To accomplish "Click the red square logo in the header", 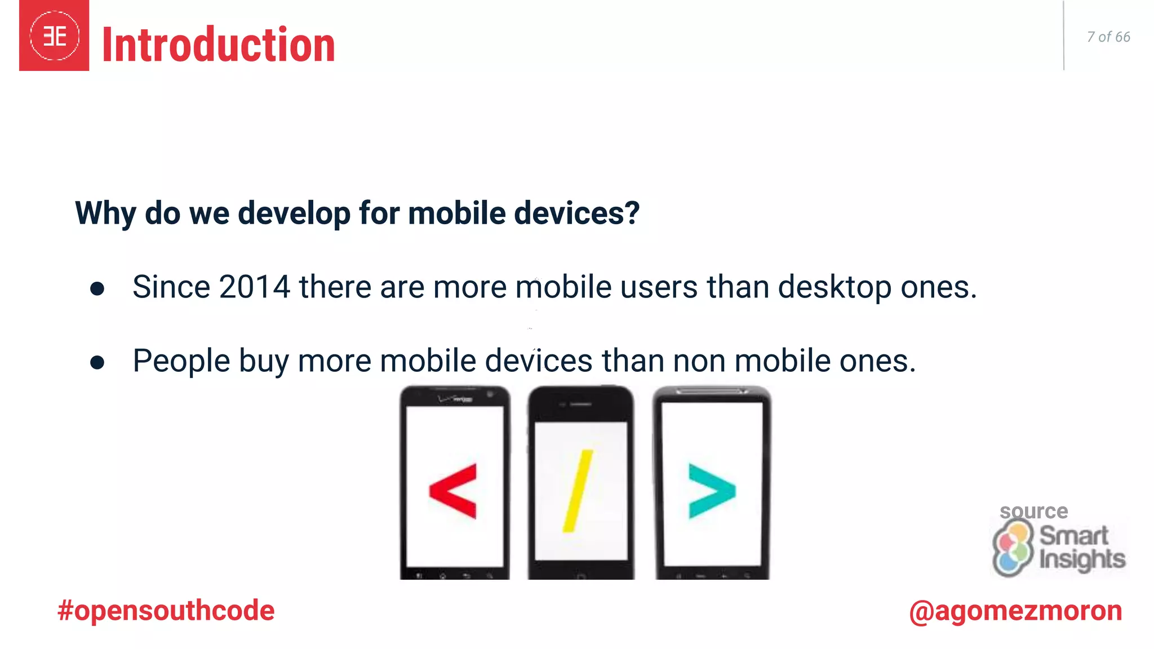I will pos(54,36).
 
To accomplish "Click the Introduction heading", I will pos(219,45).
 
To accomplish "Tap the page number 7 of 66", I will pos(1108,37).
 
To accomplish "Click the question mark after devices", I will pos(632,213).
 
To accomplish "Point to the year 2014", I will pos(254,287).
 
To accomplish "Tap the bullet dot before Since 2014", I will pos(97,289).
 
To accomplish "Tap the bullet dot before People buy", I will pos(97,362).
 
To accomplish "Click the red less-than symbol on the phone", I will pos(454,490).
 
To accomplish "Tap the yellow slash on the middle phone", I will pos(578,491).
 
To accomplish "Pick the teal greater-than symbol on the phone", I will pos(711,491).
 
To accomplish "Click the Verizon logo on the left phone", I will pos(456,399).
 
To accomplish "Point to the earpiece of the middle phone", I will pos(580,404).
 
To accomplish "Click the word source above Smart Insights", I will pos(1033,511).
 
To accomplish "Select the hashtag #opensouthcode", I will pos(166,611).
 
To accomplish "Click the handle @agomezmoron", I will pos(1015,611).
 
